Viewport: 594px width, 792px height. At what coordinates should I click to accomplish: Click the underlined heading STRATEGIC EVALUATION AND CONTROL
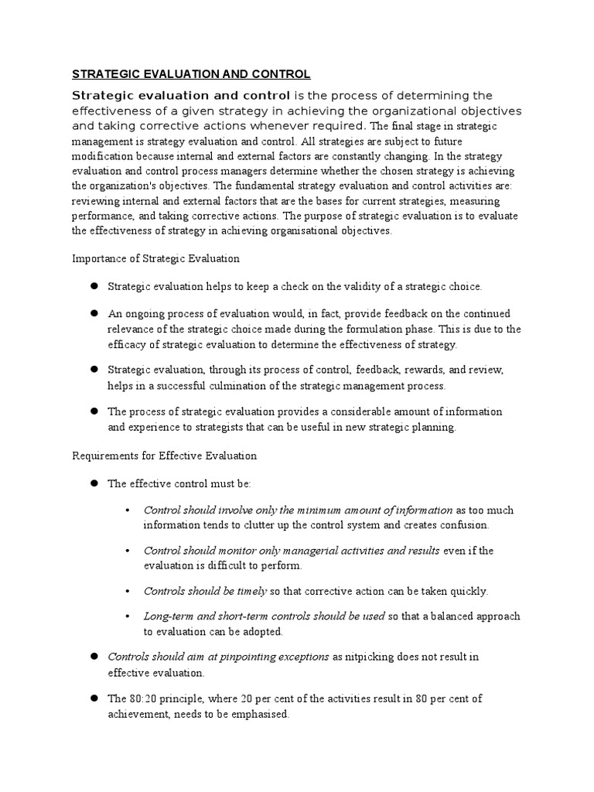[x=191, y=74]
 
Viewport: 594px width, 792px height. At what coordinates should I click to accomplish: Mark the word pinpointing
[x=230, y=657]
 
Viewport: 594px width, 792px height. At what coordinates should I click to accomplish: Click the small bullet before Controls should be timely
[x=128, y=592]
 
